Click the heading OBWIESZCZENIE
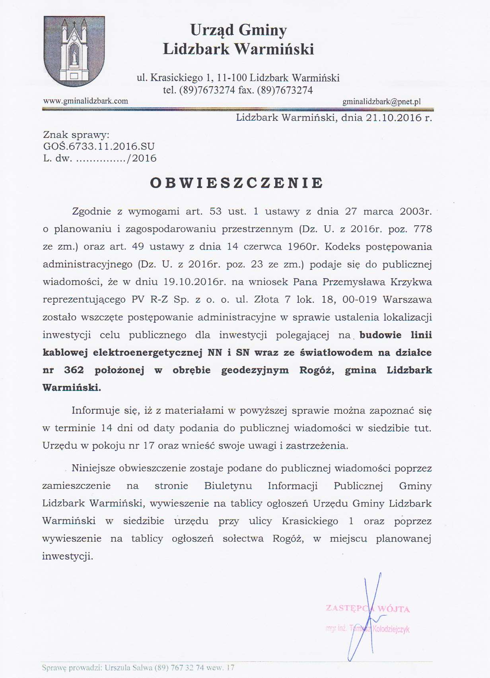[237, 183]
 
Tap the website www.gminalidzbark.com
[86, 101]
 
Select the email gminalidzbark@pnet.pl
[381, 102]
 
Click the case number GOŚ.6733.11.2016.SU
[99, 146]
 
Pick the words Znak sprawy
[76, 135]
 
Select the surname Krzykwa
[411, 282]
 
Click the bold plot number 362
[74, 370]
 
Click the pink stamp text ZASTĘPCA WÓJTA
[367, 608]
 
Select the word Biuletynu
[228, 486]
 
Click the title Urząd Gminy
[238, 30]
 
